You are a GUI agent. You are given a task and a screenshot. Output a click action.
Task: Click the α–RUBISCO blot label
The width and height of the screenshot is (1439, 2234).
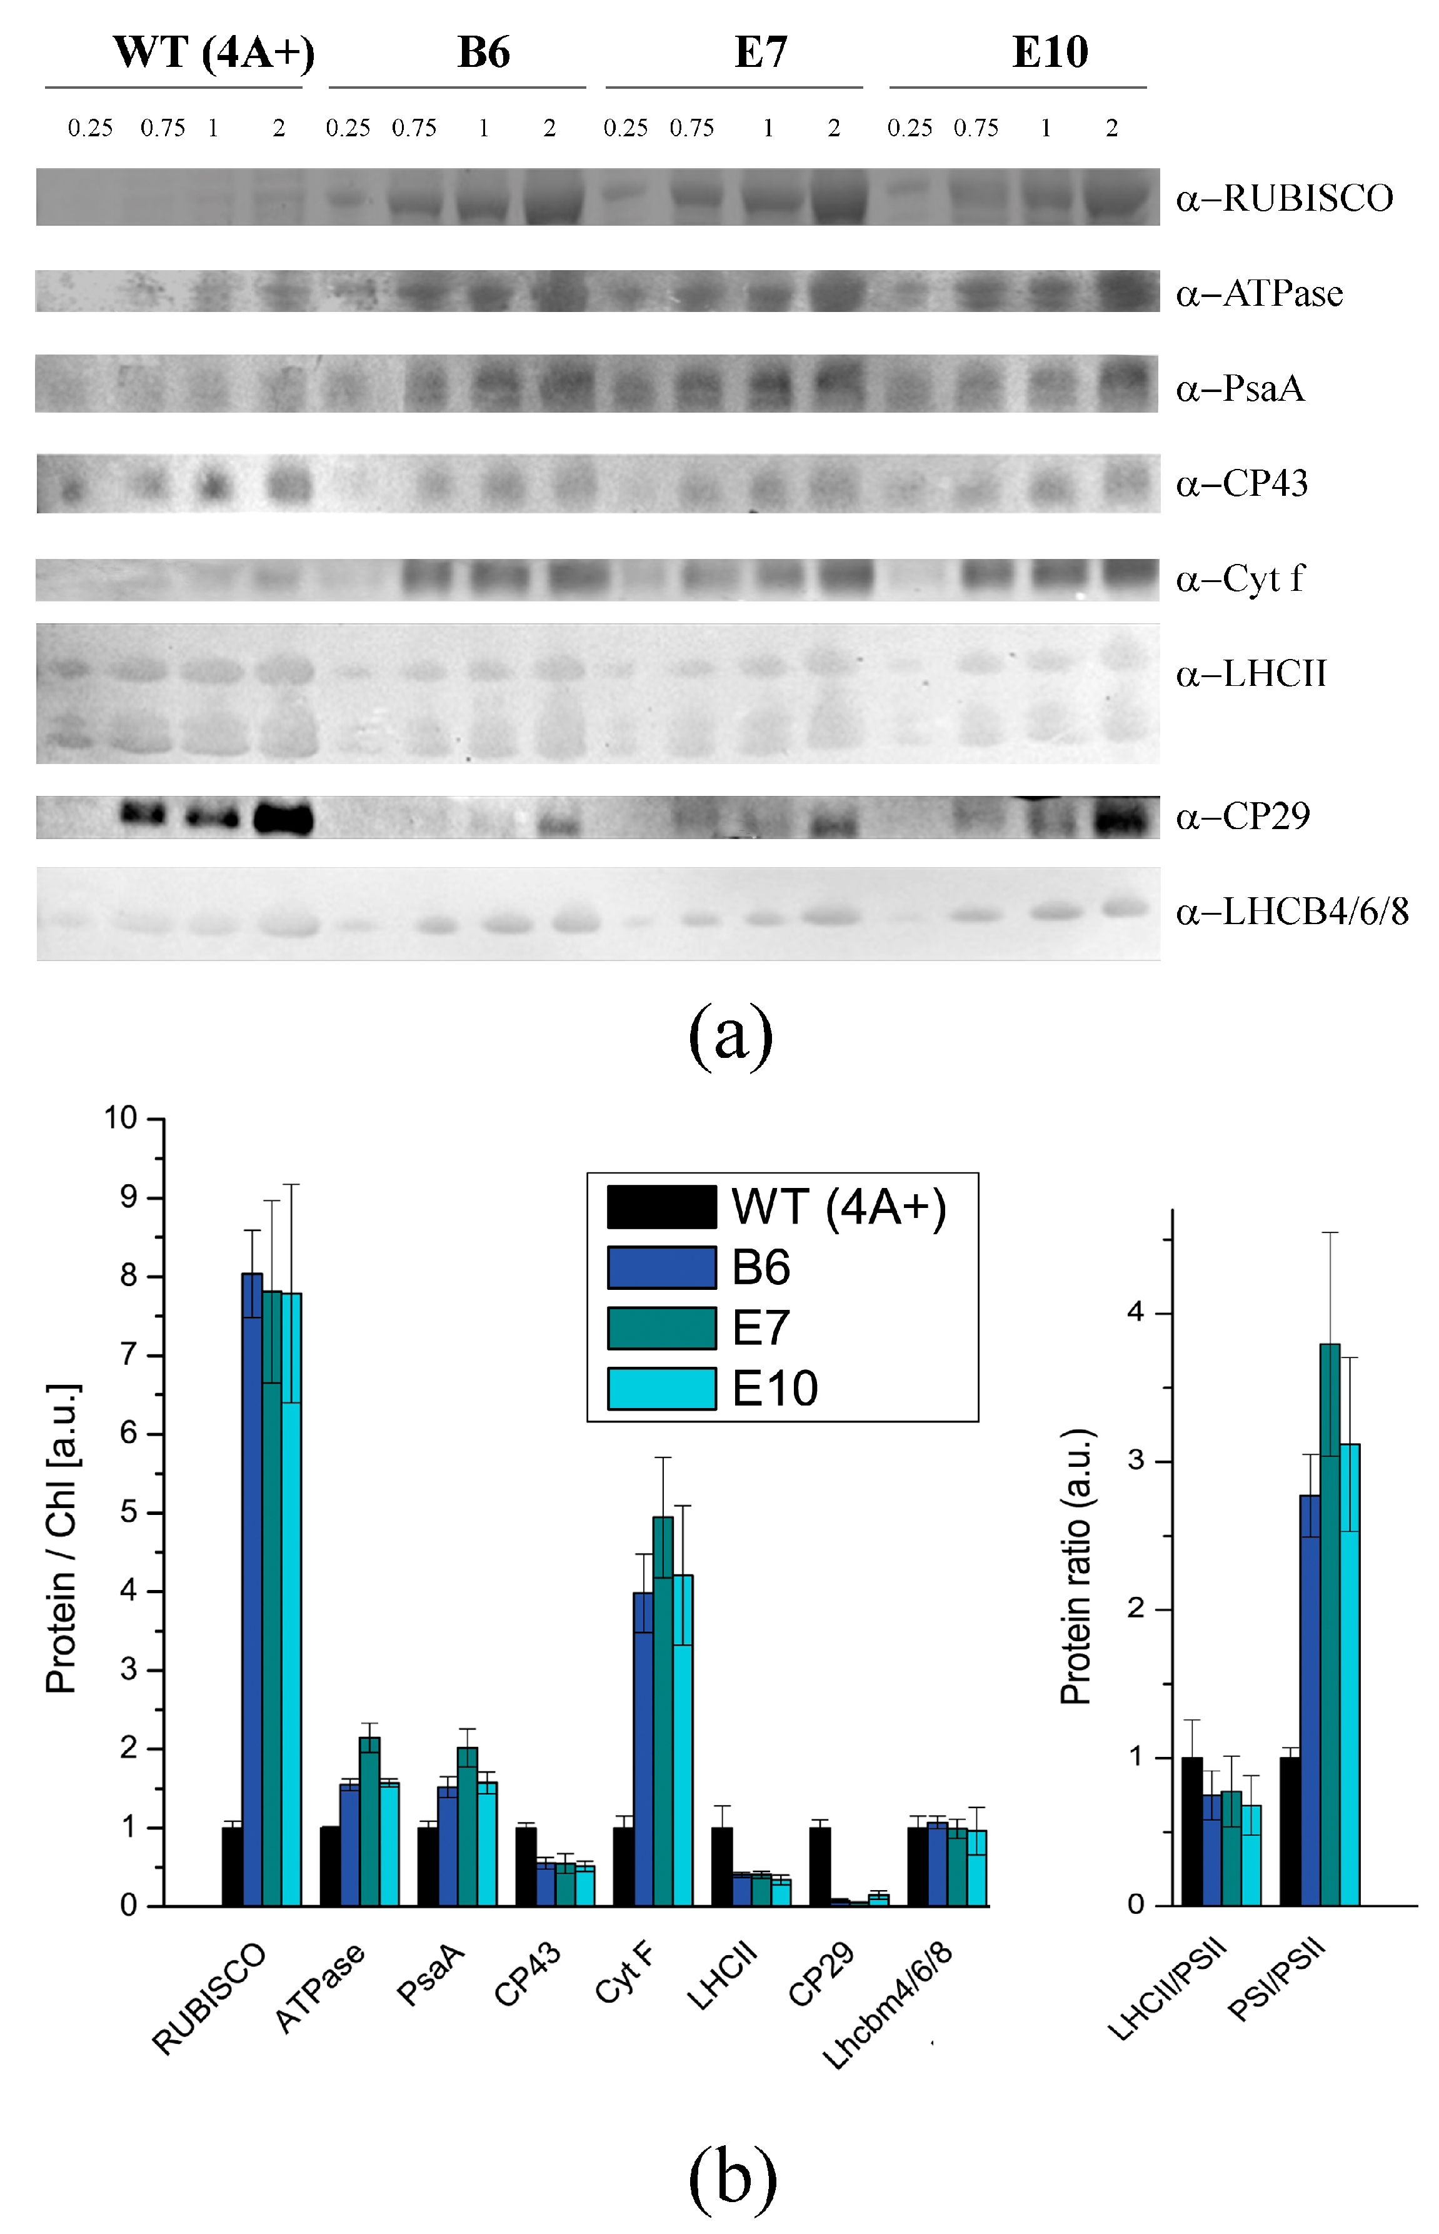1284,198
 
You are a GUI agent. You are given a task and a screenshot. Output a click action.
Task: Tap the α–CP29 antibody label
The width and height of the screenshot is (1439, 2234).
1243,817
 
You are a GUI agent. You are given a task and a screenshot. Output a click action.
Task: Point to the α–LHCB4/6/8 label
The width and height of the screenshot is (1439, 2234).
1291,911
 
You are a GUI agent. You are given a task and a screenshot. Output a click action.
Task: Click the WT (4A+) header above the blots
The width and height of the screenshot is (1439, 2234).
213,53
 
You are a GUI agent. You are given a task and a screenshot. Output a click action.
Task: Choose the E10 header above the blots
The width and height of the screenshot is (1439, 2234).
1050,53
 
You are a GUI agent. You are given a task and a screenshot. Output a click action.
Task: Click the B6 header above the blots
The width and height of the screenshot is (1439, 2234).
483,53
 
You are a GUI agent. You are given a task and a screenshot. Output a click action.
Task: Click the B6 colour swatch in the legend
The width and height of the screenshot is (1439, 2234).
661,1267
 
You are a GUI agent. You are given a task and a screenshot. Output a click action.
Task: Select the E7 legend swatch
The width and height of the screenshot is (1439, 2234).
661,1327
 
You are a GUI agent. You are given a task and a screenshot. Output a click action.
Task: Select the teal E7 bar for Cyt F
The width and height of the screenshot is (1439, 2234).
663,1710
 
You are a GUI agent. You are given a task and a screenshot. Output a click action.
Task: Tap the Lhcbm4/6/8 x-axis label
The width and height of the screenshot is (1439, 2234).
888,2004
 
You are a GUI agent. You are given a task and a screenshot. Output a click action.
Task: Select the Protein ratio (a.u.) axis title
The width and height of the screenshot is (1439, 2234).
1076,1566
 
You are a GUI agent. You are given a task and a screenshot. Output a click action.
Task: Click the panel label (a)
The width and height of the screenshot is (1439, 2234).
731,1034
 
